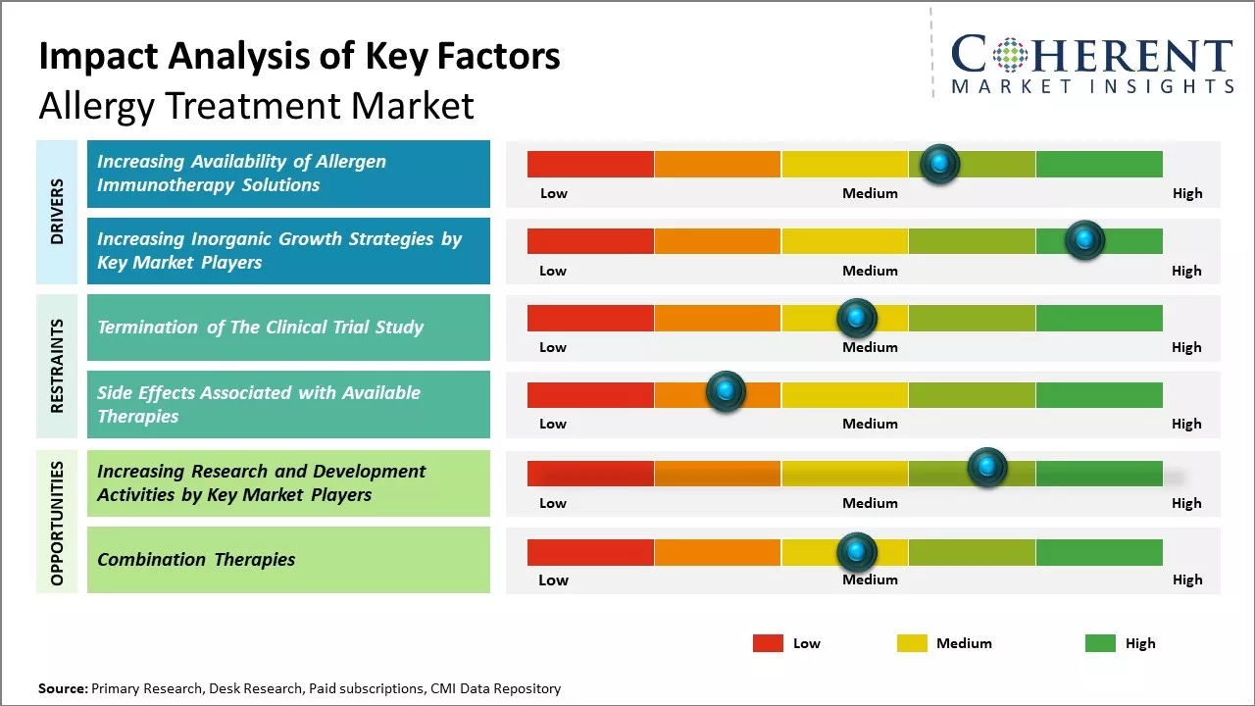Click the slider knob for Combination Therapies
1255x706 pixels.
tap(857, 552)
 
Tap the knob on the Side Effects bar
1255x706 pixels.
tap(726, 392)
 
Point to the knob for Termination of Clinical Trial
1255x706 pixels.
tap(857, 318)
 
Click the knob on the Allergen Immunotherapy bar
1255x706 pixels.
tap(940, 164)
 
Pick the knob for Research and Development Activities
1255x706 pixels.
tap(987, 467)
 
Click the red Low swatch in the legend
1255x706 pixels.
tap(768, 643)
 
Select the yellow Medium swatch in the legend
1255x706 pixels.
tap(912, 643)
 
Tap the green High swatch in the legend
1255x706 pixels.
tap(1100, 643)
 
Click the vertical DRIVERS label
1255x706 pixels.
tap(57, 211)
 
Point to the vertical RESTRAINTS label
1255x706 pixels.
tap(57, 366)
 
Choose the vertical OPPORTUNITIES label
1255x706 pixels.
tap(57, 523)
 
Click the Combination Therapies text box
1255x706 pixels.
tap(288, 560)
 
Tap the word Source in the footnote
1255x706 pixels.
tap(62, 688)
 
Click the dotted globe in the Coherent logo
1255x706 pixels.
tap(1009, 55)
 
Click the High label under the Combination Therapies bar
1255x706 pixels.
tap(1187, 580)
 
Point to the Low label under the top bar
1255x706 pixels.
tap(554, 193)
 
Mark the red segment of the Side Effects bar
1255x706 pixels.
tap(590, 395)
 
